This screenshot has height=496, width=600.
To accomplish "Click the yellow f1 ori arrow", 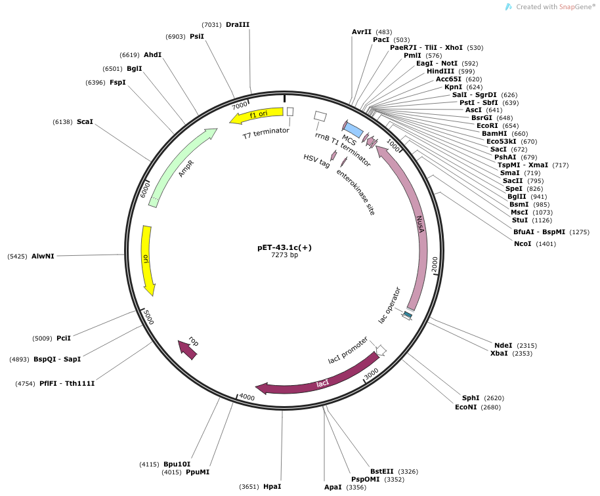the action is point(257,115).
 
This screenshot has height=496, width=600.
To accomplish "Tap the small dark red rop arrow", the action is point(188,349).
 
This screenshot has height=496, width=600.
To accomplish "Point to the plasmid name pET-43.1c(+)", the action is point(284,247).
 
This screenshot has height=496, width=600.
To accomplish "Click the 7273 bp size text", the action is point(284,255).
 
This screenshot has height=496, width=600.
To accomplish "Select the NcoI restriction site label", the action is point(523,243).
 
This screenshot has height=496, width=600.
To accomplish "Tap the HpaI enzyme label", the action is point(272,486).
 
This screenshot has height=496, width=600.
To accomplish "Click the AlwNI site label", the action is point(43,257).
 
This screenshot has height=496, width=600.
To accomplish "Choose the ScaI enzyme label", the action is point(85,121).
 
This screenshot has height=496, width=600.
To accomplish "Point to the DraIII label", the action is point(238,24).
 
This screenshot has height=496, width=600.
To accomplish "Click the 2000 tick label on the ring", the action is point(435,264).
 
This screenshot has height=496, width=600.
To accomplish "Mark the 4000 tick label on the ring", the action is point(246,397).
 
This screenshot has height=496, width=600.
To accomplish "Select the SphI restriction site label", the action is point(470,398).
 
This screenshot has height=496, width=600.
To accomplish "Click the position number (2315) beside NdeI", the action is point(526,346).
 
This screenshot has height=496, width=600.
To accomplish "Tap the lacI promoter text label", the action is point(348,350).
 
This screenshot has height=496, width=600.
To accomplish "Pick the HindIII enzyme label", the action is point(440,71).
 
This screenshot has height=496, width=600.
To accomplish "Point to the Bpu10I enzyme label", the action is point(177,465).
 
